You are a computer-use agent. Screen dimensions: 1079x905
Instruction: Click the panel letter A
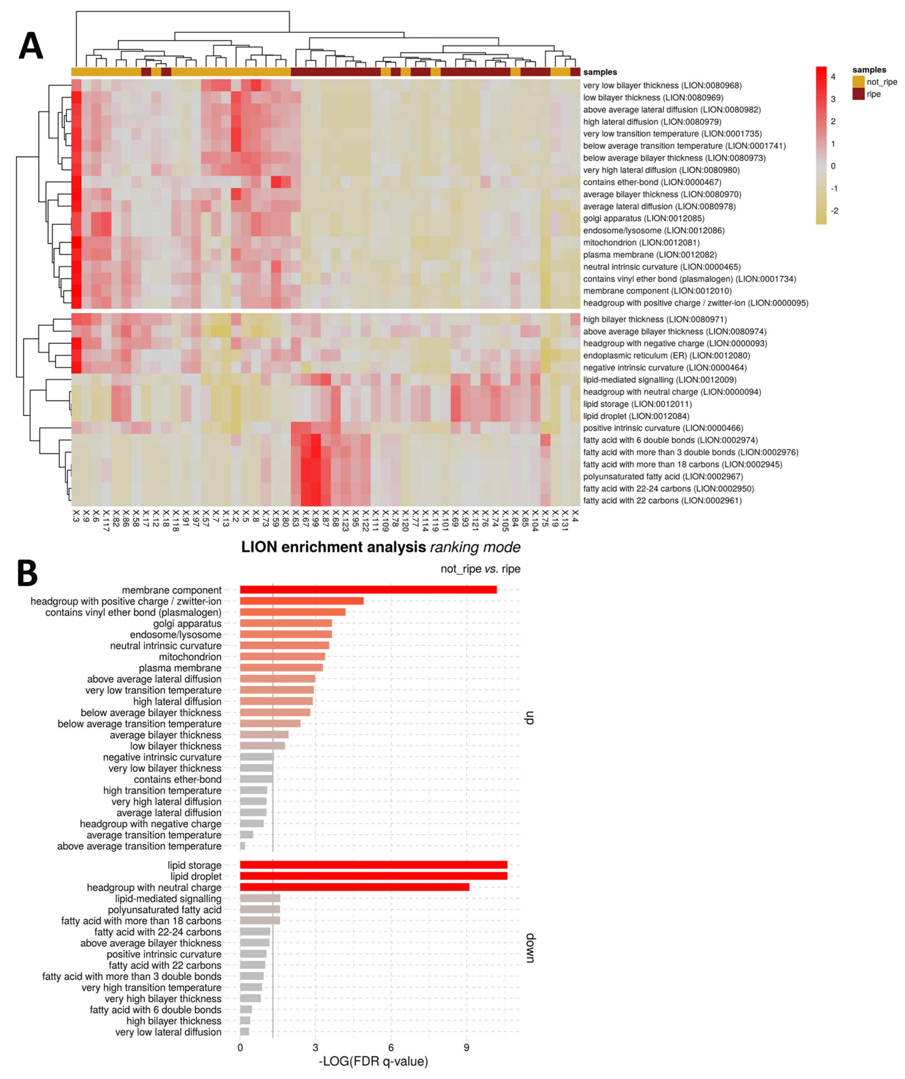click(x=31, y=46)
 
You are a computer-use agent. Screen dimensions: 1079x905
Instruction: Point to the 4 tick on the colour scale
click(x=833, y=77)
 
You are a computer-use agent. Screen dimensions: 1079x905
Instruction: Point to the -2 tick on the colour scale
click(x=834, y=211)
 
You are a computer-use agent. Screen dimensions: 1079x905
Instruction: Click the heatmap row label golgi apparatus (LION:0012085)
click(x=644, y=218)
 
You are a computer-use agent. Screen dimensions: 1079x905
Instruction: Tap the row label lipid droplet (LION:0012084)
click(x=636, y=416)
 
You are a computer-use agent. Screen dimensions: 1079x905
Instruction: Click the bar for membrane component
click(x=368, y=590)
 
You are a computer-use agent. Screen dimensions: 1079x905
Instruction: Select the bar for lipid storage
click(x=373, y=865)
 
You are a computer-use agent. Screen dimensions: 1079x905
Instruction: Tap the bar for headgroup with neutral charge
click(x=354, y=887)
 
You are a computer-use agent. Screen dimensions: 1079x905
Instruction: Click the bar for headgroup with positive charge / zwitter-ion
click(x=301, y=601)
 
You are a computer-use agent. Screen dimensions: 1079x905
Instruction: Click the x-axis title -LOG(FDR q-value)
click(x=373, y=1061)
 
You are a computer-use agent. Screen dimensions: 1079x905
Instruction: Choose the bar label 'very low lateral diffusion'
click(x=168, y=1032)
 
